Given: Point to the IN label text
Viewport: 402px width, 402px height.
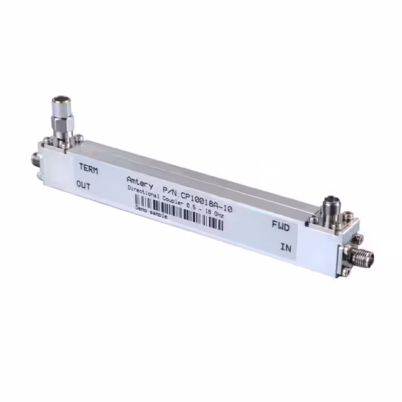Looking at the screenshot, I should [286, 247].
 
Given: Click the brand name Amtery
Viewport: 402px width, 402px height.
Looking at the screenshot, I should [138, 181].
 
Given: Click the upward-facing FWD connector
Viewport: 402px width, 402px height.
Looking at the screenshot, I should [330, 207].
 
